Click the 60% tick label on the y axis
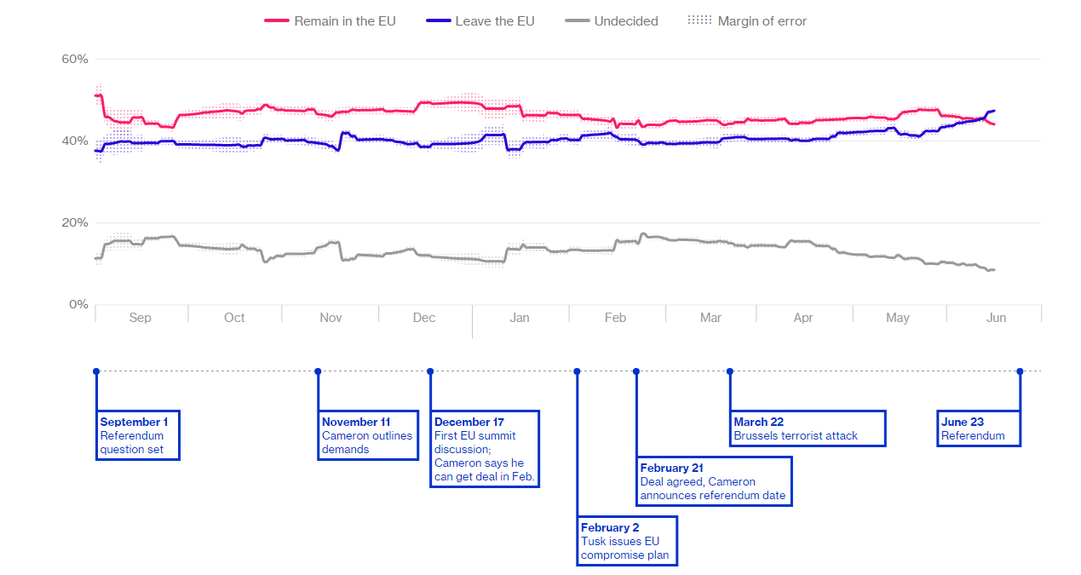pyautogui.click(x=75, y=59)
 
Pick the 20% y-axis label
pyautogui.click(x=75, y=222)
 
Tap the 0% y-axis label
pyautogui.click(x=78, y=304)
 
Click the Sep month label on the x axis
pyautogui.click(x=140, y=318)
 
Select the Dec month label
pyautogui.click(x=424, y=318)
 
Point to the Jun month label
pyautogui.click(x=996, y=318)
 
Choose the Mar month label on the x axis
pyautogui.click(x=710, y=318)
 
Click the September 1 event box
pyautogui.click(x=138, y=435)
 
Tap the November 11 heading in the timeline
pyautogui.click(x=356, y=422)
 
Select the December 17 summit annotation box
pyautogui.click(x=485, y=449)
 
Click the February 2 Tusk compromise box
pyautogui.click(x=628, y=540)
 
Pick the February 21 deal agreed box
pyautogui.click(x=714, y=481)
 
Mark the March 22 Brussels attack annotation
pyautogui.click(x=808, y=428)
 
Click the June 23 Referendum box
pyautogui.click(x=978, y=428)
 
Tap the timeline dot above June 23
pyautogui.click(x=1020, y=371)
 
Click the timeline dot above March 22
pyautogui.click(x=730, y=371)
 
